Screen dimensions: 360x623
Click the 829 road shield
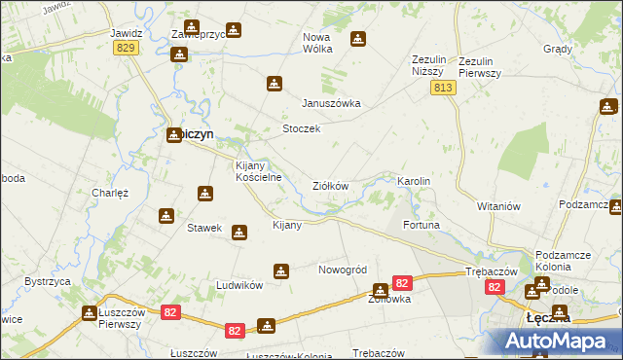125,49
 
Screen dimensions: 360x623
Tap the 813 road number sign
443,89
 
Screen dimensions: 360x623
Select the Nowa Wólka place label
317,44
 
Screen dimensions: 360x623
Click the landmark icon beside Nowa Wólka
358,39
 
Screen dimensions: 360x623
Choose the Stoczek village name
301,129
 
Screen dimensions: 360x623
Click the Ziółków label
330,185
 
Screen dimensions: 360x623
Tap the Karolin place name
413,182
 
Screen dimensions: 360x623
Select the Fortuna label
421,225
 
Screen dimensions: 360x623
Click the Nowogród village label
342,270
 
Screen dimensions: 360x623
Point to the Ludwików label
239,285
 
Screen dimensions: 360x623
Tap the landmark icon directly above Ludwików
281,270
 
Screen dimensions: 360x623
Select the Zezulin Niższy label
428,65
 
